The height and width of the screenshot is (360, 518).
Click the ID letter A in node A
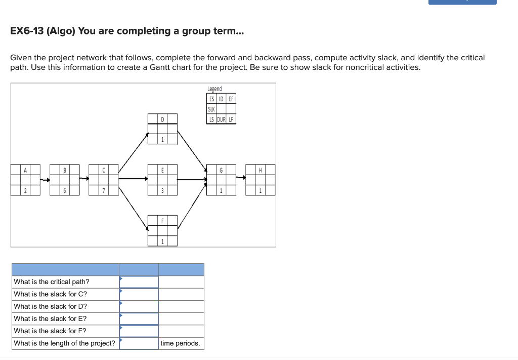tap(25, 170)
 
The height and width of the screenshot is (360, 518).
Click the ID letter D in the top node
tap(162, 119)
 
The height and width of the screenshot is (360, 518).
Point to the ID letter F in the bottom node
tap(162, 221)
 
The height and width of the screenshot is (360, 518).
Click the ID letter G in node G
tap(221, 170)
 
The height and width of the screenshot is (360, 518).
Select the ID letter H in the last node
tap(260, 170)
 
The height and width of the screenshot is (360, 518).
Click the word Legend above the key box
tap(214, 89)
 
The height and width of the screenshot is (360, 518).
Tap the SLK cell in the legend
tap(211, 109)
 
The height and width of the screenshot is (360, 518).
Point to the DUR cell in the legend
tap(221, 119)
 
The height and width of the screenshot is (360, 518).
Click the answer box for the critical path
tap(139, 282)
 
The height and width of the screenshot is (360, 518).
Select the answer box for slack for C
tap(139, 294)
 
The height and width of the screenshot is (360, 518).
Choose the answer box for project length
tap(139, 343)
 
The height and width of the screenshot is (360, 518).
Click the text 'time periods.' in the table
tap(180, 343)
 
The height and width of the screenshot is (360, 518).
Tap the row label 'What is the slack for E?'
tap(50, 318)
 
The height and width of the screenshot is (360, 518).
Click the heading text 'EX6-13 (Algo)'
tap(43, 31)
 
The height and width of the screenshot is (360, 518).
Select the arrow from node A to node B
tap(45, 179)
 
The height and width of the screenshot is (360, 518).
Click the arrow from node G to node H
tap(241, 178)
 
